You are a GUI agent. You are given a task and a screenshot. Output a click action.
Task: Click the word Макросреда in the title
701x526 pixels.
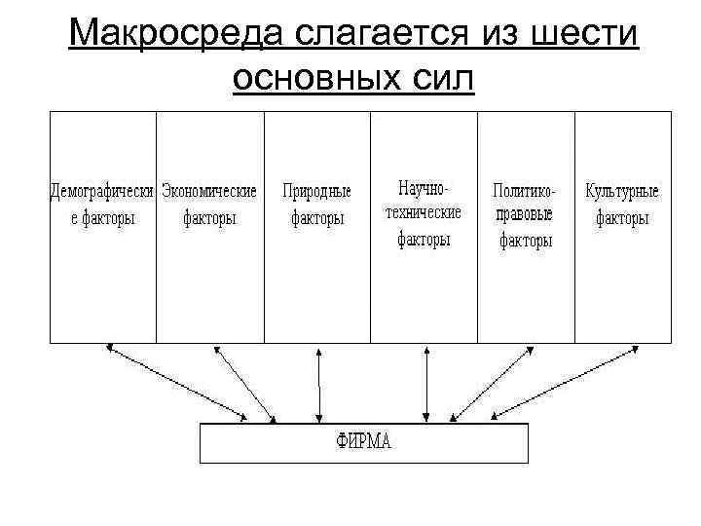pos(165,36)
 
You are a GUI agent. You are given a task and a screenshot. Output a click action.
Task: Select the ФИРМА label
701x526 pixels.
pos(364,443)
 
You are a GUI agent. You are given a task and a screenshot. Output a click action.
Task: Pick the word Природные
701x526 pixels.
pos(316,192)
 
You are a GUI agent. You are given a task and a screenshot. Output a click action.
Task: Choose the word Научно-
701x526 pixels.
pos(424,185)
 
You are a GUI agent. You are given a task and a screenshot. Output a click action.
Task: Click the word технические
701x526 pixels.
pos(424,212)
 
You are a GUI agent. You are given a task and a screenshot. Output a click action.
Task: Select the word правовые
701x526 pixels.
pos(525,215)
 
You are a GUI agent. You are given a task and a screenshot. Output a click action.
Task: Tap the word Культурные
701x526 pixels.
pos(622,192)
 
